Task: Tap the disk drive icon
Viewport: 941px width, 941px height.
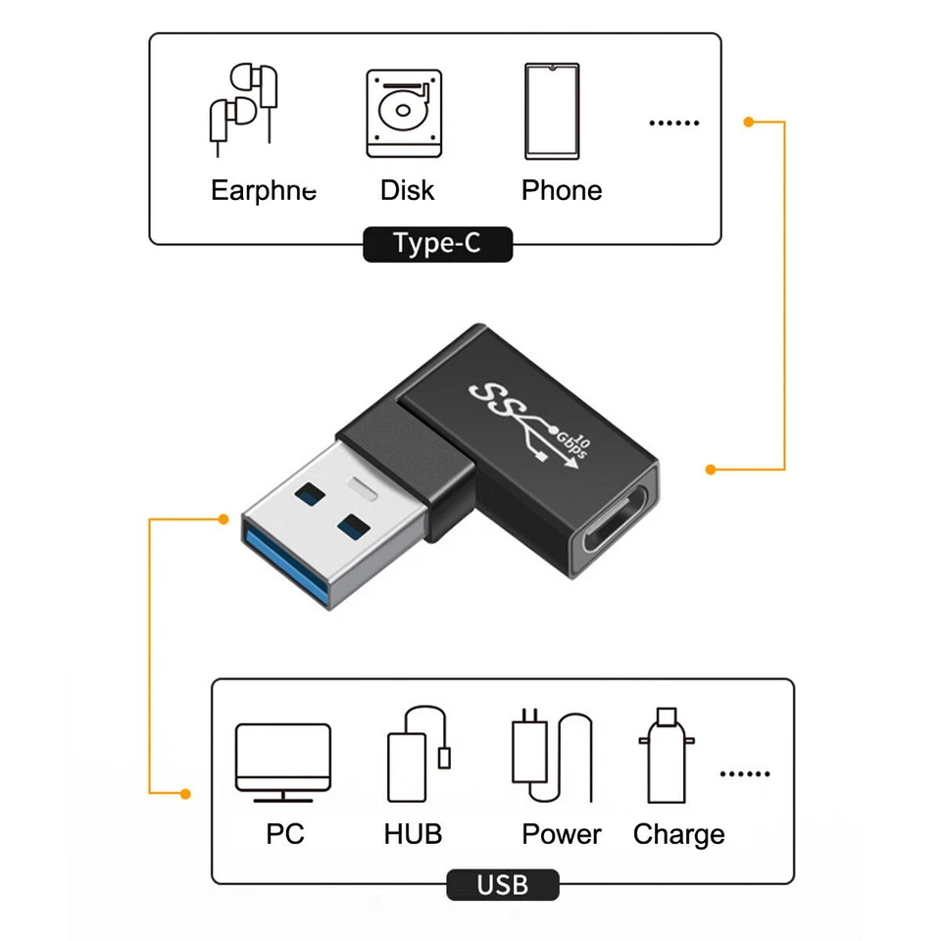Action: click(404, 113)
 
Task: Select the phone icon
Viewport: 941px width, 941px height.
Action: click(552, 111)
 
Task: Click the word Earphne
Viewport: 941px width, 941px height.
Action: click(264, 190)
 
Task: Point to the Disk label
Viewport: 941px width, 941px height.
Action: click(407, 190)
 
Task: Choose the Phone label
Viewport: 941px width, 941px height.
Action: click(562, 190)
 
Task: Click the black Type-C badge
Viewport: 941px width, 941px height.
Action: click(437, 244)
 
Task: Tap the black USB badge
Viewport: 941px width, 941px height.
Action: click(502, 885)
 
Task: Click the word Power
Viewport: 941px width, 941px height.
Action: click(562, 834)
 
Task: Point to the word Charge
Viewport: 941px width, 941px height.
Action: click(678, 834)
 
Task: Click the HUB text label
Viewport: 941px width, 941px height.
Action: click(413, 834)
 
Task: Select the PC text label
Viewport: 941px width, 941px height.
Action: click(284, 834)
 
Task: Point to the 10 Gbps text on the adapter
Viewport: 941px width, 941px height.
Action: click(576, 446)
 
